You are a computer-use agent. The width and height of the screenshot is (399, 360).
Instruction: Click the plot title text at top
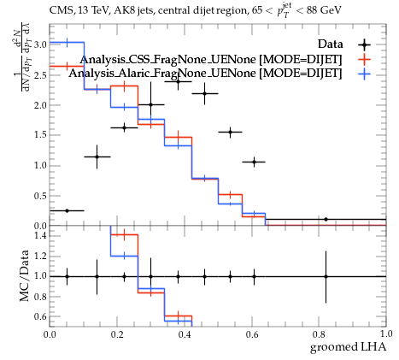[196, 11]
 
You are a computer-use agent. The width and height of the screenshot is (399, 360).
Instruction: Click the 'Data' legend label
[331, 44]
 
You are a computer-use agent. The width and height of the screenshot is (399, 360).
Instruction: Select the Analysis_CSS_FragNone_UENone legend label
[211, 59]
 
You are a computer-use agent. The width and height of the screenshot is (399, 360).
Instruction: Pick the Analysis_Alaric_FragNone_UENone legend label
[205, 74]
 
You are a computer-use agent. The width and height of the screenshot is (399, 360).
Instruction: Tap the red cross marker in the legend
[365, 60]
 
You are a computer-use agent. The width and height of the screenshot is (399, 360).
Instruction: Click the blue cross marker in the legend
[365, 74]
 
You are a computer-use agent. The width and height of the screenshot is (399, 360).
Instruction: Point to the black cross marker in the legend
[365, 44]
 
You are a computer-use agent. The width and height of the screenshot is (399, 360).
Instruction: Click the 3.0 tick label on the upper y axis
[40, 44]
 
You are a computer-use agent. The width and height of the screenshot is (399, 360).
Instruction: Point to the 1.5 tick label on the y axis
[40, 135]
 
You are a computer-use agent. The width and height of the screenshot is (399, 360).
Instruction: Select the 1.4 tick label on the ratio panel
[40, 235]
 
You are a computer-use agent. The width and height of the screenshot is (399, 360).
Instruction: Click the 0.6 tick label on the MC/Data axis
[40, 316]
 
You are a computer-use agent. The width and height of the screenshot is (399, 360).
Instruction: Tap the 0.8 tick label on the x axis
[319, 334]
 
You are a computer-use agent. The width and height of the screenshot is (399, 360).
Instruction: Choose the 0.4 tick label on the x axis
[185, 334]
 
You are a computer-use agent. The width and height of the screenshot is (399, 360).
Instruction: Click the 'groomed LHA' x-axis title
[348, 347]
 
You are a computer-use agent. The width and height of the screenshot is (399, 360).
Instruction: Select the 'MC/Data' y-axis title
[25, 275]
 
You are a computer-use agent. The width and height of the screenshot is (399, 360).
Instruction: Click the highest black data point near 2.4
[178, 81]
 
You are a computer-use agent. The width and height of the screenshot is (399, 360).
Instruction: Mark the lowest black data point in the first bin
[67, 210]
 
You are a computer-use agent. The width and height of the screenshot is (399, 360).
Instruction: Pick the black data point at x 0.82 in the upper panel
[326, 219]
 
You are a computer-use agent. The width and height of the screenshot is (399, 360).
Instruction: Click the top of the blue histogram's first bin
[67, 43]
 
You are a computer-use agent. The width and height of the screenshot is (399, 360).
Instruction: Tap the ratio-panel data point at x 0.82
[326, 276]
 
